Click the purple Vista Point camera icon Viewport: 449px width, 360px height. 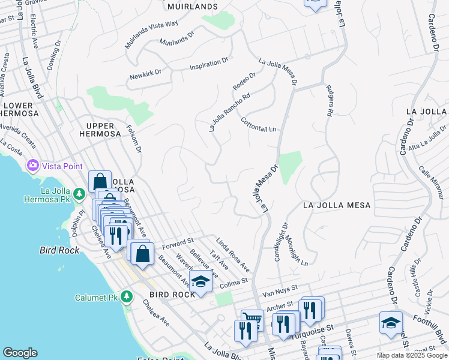32,165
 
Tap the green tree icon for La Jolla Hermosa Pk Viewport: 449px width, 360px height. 79,193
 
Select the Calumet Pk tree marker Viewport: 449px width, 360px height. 126,297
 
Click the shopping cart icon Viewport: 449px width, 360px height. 252,320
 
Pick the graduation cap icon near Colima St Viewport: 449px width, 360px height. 200,281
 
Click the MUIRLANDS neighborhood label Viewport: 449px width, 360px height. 192,6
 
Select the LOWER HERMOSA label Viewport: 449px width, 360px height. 17,109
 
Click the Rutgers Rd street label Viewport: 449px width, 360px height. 330,100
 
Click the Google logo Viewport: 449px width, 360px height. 20,353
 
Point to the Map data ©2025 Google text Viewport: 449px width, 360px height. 411,355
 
